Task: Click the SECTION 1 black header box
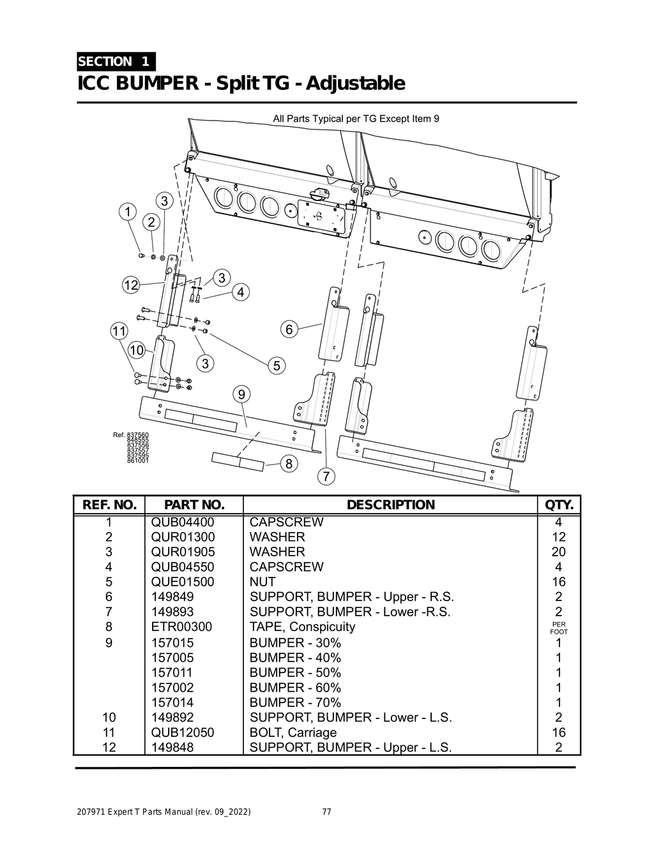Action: [115, 61]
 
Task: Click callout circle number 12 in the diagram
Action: [131, 285]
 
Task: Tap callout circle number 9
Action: [241, 395]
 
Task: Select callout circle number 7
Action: [326, 476]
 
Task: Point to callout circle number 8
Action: [289, 464]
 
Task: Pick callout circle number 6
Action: [289, 330]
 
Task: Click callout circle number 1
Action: [128, 211]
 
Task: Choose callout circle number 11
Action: [119, 331]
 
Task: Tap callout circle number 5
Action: [277, 366]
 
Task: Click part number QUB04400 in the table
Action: [183, 522]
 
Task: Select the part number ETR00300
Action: [181, 627]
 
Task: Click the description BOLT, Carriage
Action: [293, 732]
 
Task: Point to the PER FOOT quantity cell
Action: [558, 628]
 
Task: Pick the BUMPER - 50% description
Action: [295, 672]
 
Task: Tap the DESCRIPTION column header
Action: [390, 505]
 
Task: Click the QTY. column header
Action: [559, 505]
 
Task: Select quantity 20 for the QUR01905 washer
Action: [558, 552]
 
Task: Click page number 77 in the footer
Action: [326, 812]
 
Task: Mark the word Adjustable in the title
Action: [356, 84]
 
